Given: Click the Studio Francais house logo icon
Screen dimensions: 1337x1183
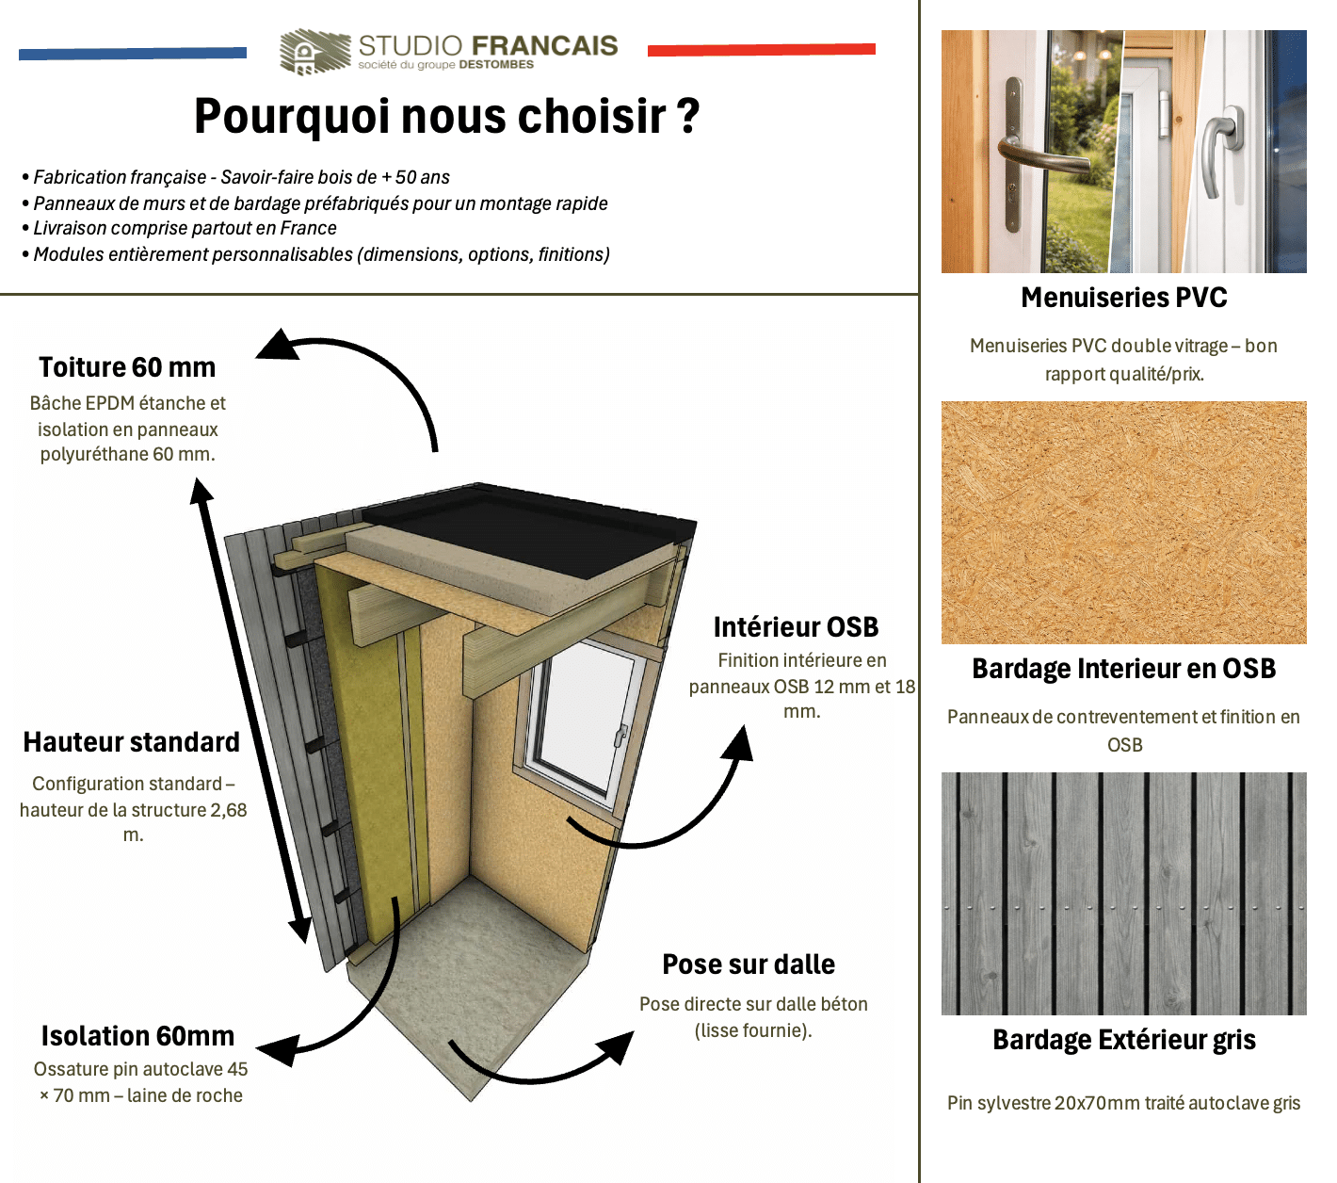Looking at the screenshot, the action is click(314, 51).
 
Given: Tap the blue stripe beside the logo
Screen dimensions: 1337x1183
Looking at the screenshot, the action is click(133, 54).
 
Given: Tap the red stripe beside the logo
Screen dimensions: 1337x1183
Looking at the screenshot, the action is click(762, 50).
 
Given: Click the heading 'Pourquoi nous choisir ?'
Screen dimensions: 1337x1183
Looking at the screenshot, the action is click(447, 116).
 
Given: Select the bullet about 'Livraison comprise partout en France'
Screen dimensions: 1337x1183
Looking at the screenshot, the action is click(180, 229).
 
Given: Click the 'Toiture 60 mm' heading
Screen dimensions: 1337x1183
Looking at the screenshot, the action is click(127, 367).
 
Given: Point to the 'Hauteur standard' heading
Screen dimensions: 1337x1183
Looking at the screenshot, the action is click(131, 742).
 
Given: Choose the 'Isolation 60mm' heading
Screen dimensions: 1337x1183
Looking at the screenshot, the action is click(137, 1036).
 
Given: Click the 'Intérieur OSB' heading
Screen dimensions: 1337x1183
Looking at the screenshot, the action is click(796, 627).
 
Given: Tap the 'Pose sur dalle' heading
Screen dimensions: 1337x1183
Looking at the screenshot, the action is click(749, 964).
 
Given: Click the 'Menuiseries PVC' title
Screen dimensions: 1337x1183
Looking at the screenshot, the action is click(1124, 298).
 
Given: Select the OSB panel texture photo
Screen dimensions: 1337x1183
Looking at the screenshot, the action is click(1124, 522).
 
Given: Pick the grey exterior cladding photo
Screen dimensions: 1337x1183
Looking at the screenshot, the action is click(1124, 893).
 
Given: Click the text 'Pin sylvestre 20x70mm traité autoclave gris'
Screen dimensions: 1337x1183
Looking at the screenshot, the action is click(1124, 1103).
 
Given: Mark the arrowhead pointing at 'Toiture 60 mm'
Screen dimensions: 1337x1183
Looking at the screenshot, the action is click(280, 345).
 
